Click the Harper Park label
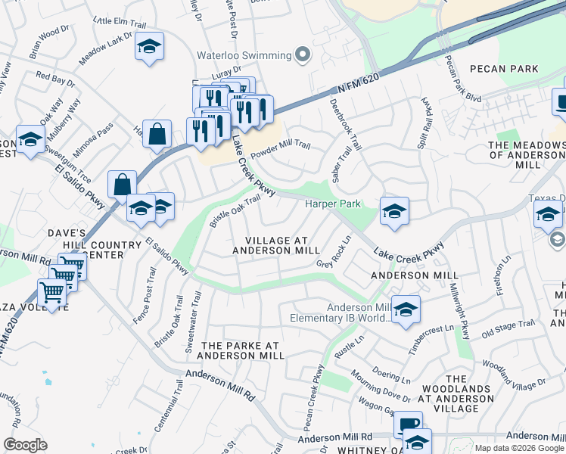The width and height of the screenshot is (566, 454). [332, 204]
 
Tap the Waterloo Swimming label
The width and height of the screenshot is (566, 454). [244, 55]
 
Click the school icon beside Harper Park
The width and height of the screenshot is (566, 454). [394, 213]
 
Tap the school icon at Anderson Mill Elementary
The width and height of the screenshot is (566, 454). [406, 310]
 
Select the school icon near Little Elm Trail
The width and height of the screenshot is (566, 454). [149, 47]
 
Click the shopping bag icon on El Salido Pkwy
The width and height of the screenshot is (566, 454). [122, 184]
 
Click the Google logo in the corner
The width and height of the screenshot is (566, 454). [25, 445]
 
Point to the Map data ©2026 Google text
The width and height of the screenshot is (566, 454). [519, 448]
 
